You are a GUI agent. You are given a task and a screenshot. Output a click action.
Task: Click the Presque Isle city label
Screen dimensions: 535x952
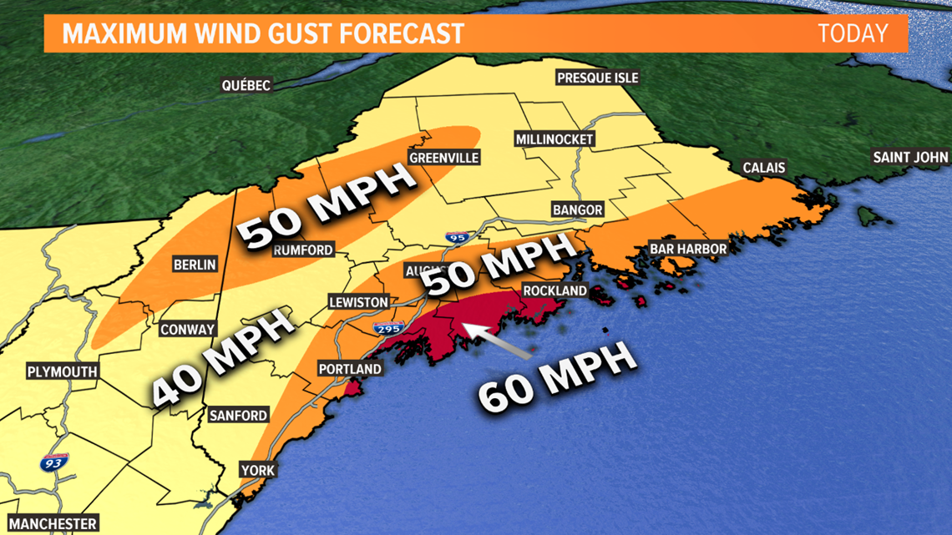point(597,78)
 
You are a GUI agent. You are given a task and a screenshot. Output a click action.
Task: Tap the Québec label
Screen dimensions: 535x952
point(246,85)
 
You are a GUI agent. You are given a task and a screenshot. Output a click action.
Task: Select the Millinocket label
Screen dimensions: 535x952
point(554,139)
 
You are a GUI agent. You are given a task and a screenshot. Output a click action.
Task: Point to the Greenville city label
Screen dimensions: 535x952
point(443,158)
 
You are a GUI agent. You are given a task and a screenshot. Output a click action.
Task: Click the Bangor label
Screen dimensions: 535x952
point(572,209)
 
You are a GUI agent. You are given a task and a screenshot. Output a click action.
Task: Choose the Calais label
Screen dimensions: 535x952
point(764,168)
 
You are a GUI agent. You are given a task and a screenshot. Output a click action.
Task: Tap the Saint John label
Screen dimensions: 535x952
point(909,157)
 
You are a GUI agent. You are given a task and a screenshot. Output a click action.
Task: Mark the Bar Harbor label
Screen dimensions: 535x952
point(688,249)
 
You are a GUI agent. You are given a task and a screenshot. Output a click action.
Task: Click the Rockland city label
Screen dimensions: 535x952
point(554,290)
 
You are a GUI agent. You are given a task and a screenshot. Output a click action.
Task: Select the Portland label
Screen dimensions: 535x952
point(350,369)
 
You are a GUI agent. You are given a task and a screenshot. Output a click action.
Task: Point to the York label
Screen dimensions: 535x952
point(258,471)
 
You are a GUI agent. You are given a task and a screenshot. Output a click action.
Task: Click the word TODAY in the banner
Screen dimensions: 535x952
point(852,33)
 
